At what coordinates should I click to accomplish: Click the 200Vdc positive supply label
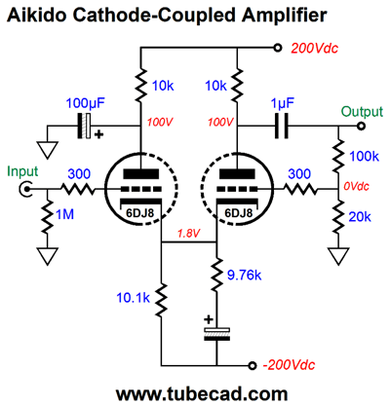pos(314,49)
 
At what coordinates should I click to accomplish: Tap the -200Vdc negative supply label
pos(289,365)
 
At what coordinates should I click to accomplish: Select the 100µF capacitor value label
pos(86,103)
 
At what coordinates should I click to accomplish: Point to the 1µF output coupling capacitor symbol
pos(282,126)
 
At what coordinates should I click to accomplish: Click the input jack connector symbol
pos(25,189)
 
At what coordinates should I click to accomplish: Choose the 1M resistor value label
pos(65,214)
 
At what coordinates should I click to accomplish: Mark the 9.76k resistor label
pos(244,276)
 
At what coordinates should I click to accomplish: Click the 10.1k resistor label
pos(133,298)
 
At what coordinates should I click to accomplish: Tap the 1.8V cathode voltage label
pos(188,234)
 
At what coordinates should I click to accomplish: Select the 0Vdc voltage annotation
pos(356,186)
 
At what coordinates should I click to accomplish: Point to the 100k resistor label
pos(364,157)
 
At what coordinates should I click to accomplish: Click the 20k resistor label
pos(360,217)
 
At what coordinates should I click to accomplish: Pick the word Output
pos(362,112)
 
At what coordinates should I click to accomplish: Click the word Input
pos(22,171)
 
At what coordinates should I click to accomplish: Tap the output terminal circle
pos(361,126)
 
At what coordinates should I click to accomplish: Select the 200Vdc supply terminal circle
pos(277,48)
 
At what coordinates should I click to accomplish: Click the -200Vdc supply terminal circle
pos(252,365)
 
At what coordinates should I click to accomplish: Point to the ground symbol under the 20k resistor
pos(338,256)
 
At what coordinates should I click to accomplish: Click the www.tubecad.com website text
pos(202,394)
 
